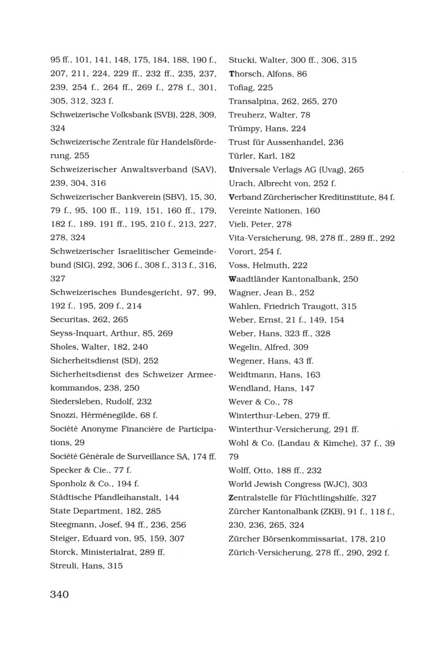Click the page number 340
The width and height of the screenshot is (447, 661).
[59, 595]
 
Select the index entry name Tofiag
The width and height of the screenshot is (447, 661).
[240, 87]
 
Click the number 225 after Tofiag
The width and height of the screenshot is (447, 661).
[264, 87]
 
